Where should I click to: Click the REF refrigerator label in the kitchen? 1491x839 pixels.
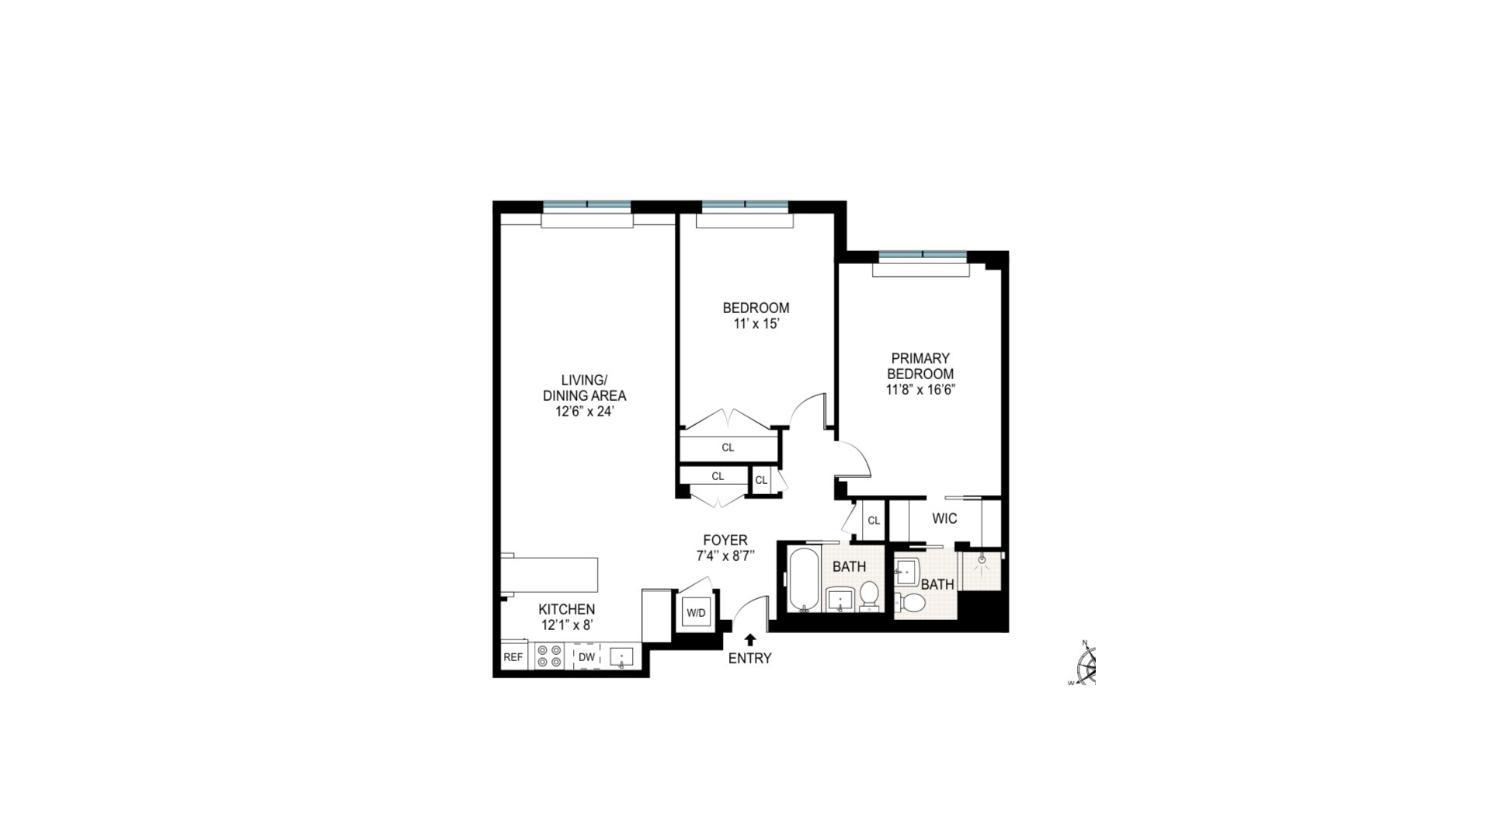click(513, 657)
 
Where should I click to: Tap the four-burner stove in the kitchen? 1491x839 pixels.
click(549, 656)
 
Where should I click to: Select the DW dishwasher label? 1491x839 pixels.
click(586, 657)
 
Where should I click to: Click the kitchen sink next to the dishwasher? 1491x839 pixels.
click(621, 657)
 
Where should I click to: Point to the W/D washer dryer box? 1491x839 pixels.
click(696, 613)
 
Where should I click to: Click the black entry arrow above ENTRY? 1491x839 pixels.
click(750, 639)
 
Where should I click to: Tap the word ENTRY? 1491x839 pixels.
click(749, 659)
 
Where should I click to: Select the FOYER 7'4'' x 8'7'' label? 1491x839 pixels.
click(725, 548)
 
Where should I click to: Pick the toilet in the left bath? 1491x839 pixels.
click(869, 594)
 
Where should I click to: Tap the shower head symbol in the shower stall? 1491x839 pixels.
click(982, 559)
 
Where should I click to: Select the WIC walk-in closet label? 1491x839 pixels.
click(944, 518)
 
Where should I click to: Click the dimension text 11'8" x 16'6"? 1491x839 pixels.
click(920, 390)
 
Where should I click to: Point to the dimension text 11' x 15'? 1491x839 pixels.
click(756, 324)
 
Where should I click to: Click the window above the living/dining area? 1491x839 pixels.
click(587, 205)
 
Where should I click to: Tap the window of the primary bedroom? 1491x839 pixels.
click(923, 255)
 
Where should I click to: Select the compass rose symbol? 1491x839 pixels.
click(1086, 665)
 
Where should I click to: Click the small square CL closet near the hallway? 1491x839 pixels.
click(761, 480)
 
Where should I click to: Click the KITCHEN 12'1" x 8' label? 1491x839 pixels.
click(568, 617)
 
